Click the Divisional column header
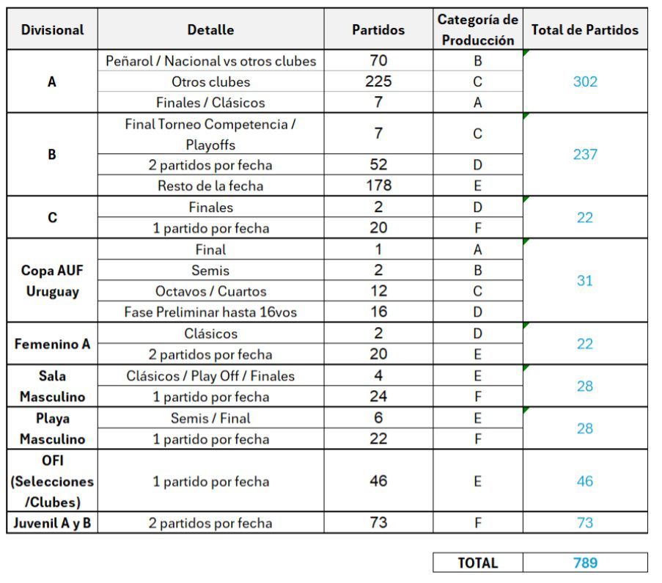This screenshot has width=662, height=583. click(52, 30)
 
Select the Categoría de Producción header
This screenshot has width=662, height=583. click(477, 30)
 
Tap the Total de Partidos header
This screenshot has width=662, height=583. click(584, 30)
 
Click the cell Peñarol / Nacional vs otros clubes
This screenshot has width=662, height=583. click(210, 61)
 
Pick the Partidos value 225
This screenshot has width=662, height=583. click(378, 81)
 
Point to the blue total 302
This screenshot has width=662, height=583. click(584, 81)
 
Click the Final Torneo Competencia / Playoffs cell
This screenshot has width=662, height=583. click(210, 134)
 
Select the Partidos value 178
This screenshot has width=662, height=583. click(378, 186)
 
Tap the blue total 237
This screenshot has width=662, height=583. click(584, 155)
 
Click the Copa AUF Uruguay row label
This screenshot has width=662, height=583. click(52, 281)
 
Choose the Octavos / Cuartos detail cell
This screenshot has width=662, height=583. click(210, 291)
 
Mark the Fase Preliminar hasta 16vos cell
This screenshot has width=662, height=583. click(210, 312)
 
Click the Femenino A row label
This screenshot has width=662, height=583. click(52, 344)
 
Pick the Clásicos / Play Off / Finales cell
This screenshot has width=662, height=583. click(210, 376)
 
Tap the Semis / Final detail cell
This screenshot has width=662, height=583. click(210, 419)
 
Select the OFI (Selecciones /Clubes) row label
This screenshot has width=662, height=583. click(52, 482)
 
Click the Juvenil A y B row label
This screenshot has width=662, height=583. click(52, 524)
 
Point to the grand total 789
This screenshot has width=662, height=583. click(584, 563)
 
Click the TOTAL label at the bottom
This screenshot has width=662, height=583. click(477, 563)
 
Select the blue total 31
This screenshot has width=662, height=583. click(584, 281)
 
